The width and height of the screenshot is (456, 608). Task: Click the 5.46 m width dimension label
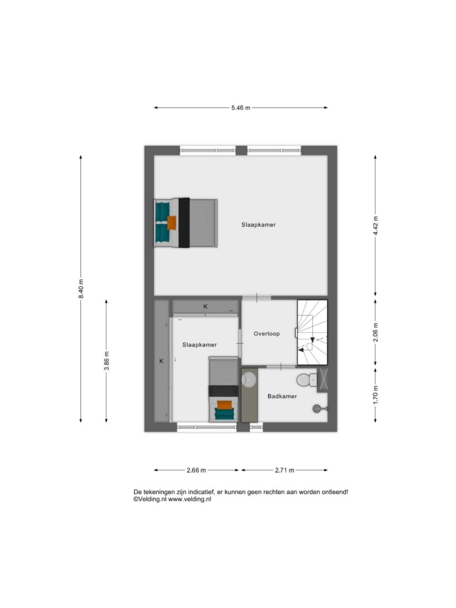pos(241,108)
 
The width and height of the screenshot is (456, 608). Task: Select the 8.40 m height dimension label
pos(81,289)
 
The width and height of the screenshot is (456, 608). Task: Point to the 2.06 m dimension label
pos(375,332)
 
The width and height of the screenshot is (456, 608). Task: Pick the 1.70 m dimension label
pos(375,394)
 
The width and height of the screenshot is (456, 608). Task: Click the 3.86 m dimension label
pos(106,361)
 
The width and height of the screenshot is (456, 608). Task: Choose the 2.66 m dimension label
pos(196,470)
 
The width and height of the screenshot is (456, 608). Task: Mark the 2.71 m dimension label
pos(284,470)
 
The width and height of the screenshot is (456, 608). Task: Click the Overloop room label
pos(267,334)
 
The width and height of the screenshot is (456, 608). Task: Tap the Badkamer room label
pos(282,396)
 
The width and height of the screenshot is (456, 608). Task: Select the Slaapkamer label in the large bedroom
pos(258,224)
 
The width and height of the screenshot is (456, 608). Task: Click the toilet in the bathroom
pos(307,380)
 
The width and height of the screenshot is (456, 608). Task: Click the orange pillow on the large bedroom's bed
pos(172,223)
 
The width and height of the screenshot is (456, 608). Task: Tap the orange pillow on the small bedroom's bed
pos(224,405)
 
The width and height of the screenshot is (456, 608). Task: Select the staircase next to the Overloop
pos(312,332)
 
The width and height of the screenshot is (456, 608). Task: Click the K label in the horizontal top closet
pos(205,306)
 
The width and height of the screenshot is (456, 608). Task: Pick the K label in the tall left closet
pos(161,361)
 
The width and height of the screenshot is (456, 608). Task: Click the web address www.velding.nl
pos(189,499)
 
